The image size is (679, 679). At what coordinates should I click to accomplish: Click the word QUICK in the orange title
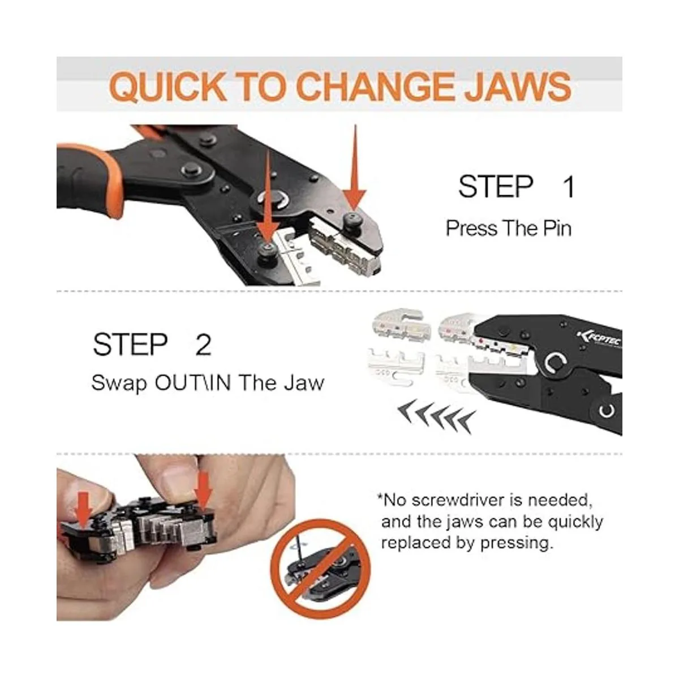pos(168,87)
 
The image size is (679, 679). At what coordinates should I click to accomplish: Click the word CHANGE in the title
pos(376,87)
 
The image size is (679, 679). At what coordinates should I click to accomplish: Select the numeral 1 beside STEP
pos(569,187)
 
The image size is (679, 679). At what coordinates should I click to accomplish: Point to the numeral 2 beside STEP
pos(203,345)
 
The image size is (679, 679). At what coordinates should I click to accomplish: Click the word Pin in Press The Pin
pos(557,229)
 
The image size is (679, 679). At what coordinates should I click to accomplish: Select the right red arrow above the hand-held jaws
pos(204,491)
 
